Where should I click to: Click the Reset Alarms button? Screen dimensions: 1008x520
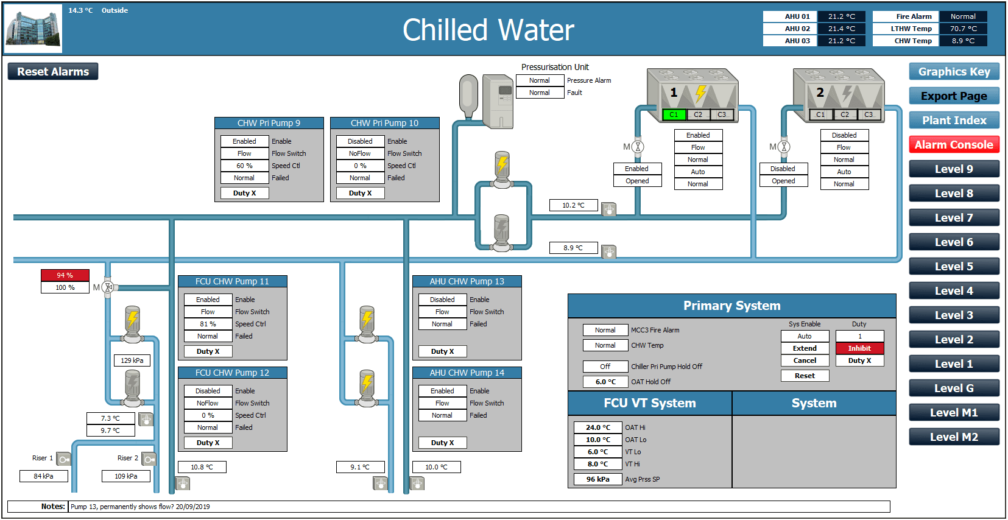tap(52, 71)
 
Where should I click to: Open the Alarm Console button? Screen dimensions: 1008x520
tap(954, 145)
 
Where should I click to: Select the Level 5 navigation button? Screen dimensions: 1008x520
tap(954, 266)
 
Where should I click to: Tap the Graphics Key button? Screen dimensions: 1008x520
tap(954, 71)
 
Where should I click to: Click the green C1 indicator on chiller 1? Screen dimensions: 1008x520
tap(674, 114)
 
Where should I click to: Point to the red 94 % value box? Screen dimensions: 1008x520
tap(65, 275)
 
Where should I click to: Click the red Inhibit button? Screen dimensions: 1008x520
tap(859, 348)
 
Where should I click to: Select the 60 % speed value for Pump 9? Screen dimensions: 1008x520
tap(244, 166)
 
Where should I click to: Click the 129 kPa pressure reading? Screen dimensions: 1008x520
tap(132, 360)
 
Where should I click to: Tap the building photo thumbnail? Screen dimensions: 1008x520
tap(33, 29)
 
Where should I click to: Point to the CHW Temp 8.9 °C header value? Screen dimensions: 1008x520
tap(963, 41)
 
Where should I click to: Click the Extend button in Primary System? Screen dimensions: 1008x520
tap(805, 348)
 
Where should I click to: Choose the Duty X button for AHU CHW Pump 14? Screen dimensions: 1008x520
tap(442, 443)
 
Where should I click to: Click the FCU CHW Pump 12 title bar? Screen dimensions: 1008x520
tap(232, 373)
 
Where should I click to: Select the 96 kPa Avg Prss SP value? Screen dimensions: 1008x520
tap(597, 480)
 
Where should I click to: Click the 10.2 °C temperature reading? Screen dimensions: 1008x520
tap(573, 205)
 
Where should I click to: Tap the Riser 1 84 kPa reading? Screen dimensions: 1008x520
tap(44, 476)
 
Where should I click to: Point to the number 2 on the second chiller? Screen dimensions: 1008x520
tap(820, 93)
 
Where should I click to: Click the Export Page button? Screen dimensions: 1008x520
tap(954, 96)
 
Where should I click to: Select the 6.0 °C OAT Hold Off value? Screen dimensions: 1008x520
tap(605, 381)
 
